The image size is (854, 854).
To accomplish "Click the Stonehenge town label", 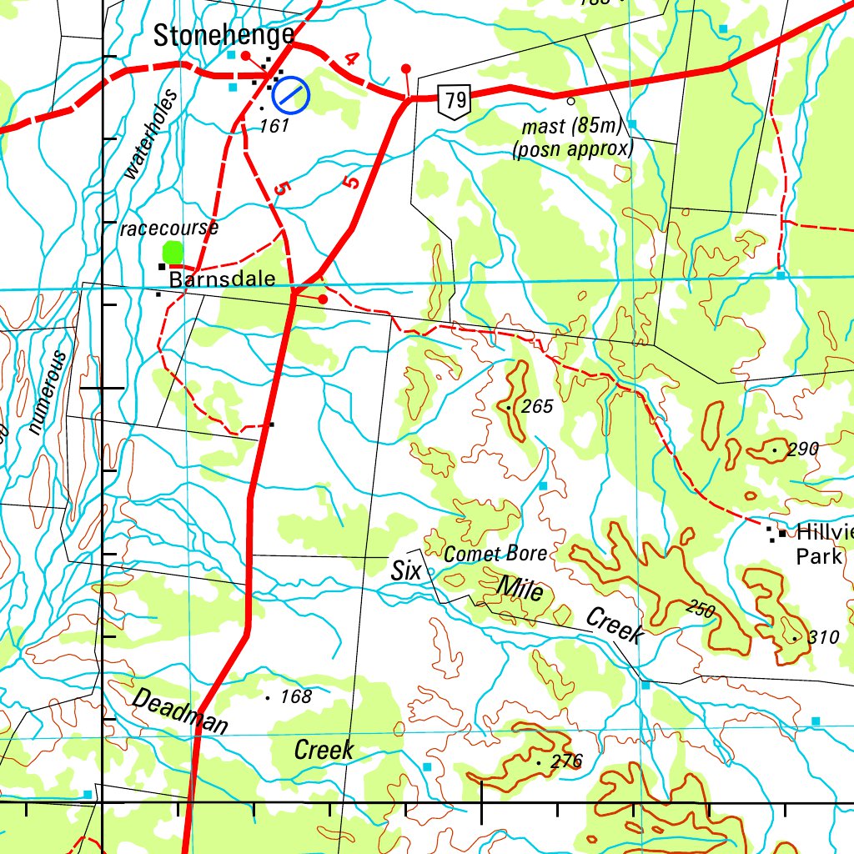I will [224, 35].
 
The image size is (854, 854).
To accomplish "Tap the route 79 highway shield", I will [455, 102].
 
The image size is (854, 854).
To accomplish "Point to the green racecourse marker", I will [173, 251].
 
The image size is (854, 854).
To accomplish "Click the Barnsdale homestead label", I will [222, 279].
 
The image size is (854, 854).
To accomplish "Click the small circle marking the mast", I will [570, 101].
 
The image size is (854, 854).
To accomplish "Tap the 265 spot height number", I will [537, 407].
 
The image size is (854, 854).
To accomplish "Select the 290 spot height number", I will [802, 450].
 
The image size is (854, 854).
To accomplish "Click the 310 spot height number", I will [822, 638].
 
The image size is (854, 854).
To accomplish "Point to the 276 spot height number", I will [566, 761].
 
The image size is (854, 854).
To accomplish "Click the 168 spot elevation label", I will [295, 696].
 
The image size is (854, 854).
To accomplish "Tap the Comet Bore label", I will [495, 554].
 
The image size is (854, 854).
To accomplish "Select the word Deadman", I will [179, 711].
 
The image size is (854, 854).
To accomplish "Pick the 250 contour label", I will [701, 609].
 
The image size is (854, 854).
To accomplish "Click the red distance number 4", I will [351, 59].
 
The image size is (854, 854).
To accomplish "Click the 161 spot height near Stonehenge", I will [274, 126].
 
